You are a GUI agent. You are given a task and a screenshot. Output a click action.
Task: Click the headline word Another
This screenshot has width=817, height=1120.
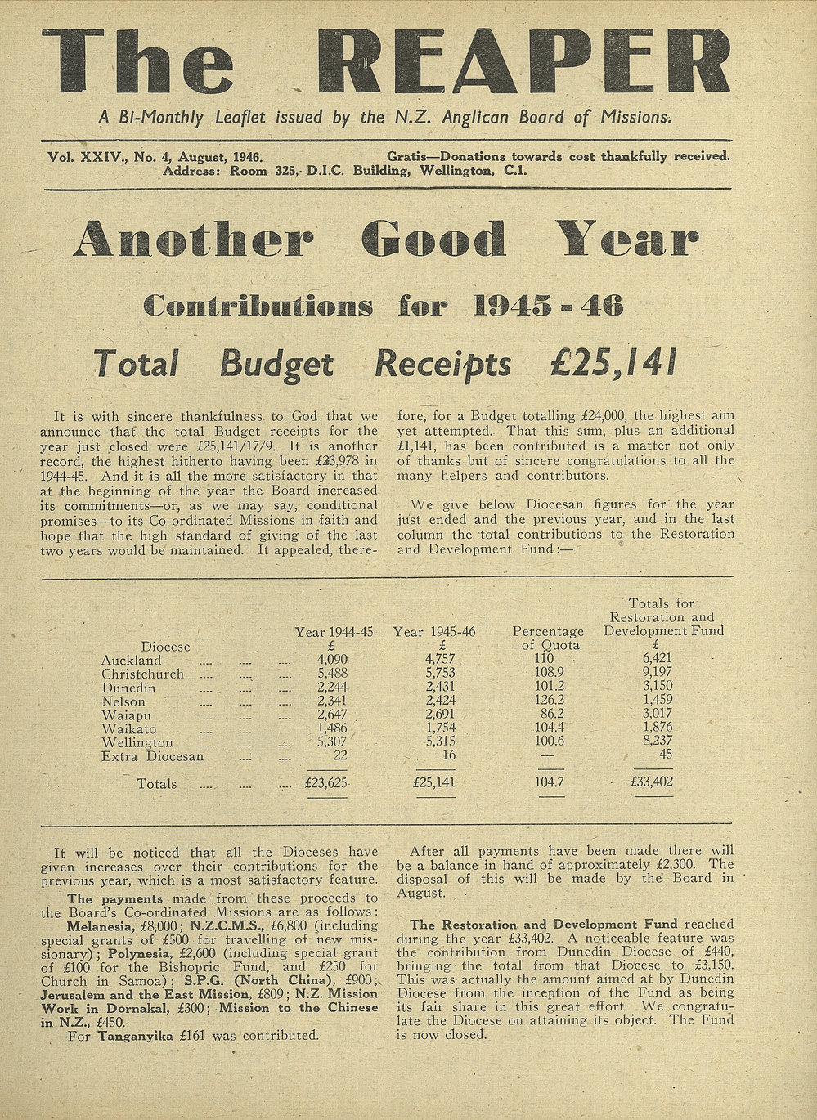click(x=193, y=240)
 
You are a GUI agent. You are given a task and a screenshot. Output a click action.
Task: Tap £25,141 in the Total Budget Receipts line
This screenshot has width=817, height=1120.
click(x=613, y=363)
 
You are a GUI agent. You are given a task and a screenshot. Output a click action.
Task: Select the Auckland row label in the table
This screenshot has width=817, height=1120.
click(x=131, y=661)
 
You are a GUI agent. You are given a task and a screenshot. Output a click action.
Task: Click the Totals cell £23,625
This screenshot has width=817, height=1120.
click(x=326, y=782)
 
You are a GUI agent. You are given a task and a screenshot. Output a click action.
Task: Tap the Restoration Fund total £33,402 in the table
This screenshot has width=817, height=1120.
click(x=652, y=782)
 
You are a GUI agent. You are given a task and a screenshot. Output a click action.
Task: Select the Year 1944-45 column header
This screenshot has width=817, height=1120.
click(x=334, y=632)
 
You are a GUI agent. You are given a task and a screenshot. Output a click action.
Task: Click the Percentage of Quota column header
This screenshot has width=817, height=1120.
click(x=548, y=638)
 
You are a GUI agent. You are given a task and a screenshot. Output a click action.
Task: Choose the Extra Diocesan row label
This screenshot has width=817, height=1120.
click(x=152, y=756)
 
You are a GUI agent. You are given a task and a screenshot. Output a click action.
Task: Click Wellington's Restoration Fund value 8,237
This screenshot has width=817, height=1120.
click(x=657, y=741)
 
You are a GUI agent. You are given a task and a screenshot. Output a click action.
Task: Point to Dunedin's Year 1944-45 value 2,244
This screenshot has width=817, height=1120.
click(x=332, y=688)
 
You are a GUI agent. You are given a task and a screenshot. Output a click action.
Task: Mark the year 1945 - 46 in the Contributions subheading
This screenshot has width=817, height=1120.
click(x=548, y=305)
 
